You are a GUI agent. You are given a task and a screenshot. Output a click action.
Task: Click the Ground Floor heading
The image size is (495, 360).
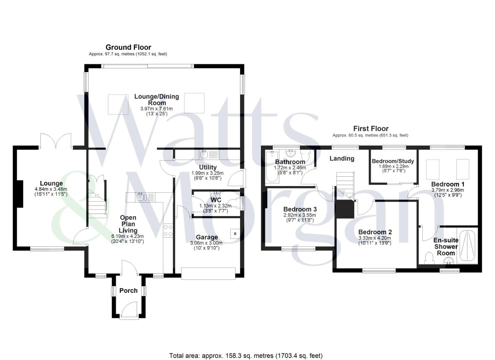(128, 47)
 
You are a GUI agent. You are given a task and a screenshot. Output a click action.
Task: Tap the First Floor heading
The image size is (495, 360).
(371, 129)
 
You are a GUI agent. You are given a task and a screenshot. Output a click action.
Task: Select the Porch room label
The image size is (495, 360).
(128, 291)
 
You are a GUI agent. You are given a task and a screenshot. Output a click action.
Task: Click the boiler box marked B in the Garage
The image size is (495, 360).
(235, 234)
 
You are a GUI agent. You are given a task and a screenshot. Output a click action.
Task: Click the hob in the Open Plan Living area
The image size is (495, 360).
(168, 230)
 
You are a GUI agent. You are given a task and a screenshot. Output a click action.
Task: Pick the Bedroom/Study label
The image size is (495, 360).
(393, 161)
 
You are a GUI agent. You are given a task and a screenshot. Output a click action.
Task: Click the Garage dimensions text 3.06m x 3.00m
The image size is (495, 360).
(207, 243)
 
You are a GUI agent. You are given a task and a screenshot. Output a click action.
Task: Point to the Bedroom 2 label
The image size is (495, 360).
(375, 232)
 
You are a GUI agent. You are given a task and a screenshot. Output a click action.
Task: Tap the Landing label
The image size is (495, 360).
(342, 159)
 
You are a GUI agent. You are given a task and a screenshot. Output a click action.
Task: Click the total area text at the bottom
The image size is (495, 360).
(246, 356)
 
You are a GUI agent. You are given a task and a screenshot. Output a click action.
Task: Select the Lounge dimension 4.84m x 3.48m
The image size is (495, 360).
(51, 189)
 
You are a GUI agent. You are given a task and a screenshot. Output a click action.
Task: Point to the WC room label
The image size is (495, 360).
(216, 200)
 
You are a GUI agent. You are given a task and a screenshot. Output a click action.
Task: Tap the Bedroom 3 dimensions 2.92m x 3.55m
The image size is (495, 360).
(300, 215)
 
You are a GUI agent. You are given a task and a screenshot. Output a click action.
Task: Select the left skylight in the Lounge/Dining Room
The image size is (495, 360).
(118, 104)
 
